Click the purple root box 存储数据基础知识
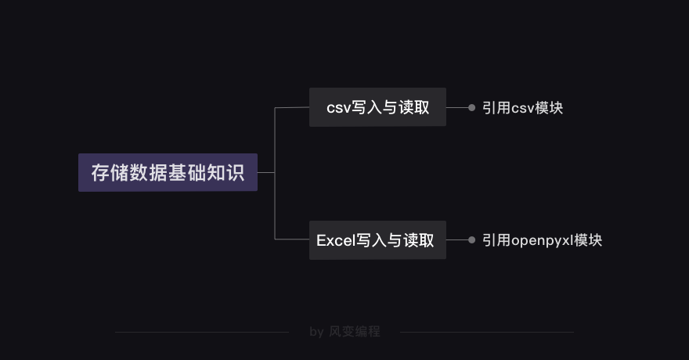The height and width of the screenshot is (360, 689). tap(168, 172)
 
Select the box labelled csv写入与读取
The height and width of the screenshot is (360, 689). tap(377, 107)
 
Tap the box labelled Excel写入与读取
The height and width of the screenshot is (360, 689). tap(377, 240)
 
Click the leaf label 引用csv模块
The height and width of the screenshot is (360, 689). tap(522, 107)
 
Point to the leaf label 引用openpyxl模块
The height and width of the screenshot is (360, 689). tap(543, 240)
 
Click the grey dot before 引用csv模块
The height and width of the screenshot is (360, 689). tap(471, 107)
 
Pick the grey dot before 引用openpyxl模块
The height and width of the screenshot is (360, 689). tap(471, 240)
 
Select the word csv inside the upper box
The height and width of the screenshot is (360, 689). tap(338, 108)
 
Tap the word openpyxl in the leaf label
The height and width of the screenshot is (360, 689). tap(543, 241)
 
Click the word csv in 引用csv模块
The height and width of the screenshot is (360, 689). tap(523, 109)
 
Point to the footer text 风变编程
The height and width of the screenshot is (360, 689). tap(355, 332)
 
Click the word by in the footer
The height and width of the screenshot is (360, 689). tap(317, 332)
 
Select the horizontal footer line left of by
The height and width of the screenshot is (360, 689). tap(202, 333)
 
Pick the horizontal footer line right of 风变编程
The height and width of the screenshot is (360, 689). tap(487, 333)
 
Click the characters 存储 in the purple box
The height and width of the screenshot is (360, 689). tap(110, 172)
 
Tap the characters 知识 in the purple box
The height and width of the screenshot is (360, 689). tap(225, 172)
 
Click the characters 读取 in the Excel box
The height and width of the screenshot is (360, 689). tap(419, 240)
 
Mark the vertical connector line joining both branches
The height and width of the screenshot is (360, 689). tap(275, 174)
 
